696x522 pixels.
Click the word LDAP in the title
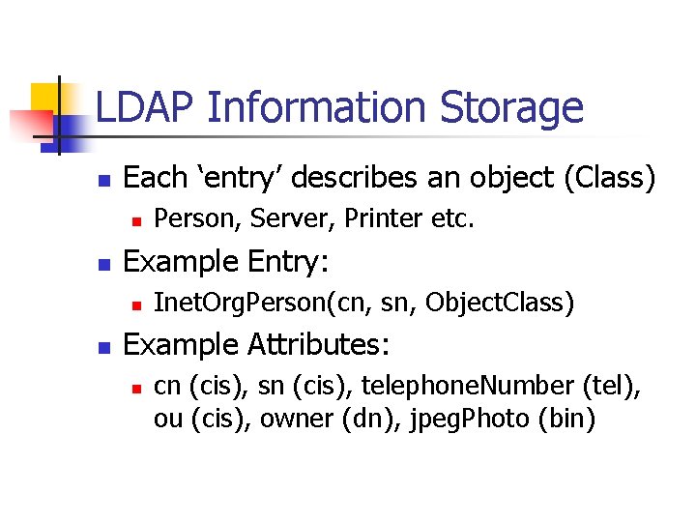pos(145,108)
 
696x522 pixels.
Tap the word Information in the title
pos(317,108)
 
